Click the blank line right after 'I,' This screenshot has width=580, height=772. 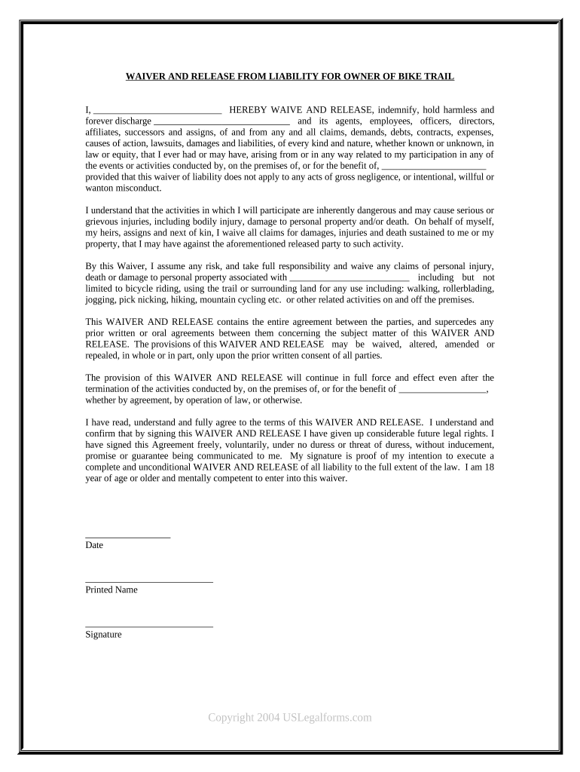(x=157, y=110)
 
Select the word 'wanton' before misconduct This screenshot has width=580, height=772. (x=99, y=188)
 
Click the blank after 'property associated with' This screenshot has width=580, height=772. (x=349, y=277)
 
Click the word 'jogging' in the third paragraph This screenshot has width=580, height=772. (x=99, y=299)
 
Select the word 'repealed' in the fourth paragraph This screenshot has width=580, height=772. (x=102, y=355)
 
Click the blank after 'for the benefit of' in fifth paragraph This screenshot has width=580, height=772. (x=442, y=389)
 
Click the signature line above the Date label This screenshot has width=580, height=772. (x=128, y=536)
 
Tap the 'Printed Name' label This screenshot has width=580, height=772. (x=111, y=590)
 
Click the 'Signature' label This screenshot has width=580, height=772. (x=104, y=634)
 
